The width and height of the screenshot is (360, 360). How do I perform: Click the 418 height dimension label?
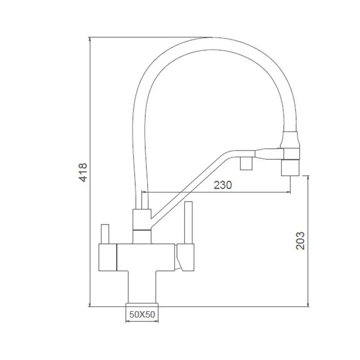83,172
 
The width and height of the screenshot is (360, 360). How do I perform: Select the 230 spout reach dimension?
223,185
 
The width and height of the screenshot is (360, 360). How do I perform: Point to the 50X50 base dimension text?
142,314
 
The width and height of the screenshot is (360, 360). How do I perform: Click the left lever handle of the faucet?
105,234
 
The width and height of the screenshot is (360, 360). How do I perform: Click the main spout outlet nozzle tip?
290,168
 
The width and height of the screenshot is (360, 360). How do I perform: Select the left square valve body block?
108,257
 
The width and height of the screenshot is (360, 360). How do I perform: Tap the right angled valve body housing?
185,256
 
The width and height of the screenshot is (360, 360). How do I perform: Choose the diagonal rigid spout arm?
187,187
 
